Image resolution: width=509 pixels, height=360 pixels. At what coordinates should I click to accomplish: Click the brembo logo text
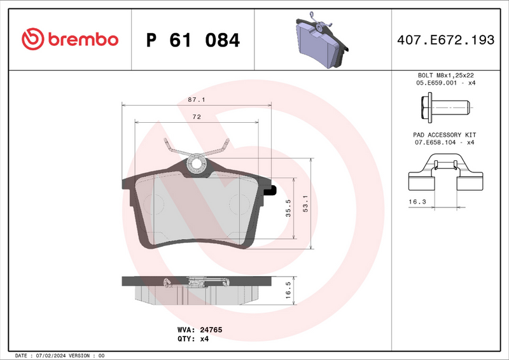80,39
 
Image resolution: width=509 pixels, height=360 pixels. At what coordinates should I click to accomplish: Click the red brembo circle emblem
31,39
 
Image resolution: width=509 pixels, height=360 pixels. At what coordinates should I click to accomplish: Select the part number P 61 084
193,40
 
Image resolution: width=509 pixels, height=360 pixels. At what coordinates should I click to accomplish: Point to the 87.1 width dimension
196,100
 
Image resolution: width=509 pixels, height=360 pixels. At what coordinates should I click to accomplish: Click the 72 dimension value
197,117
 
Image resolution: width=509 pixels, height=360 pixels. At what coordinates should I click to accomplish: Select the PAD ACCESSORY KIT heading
443,135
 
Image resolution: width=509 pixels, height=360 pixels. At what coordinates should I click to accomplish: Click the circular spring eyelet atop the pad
196,164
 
